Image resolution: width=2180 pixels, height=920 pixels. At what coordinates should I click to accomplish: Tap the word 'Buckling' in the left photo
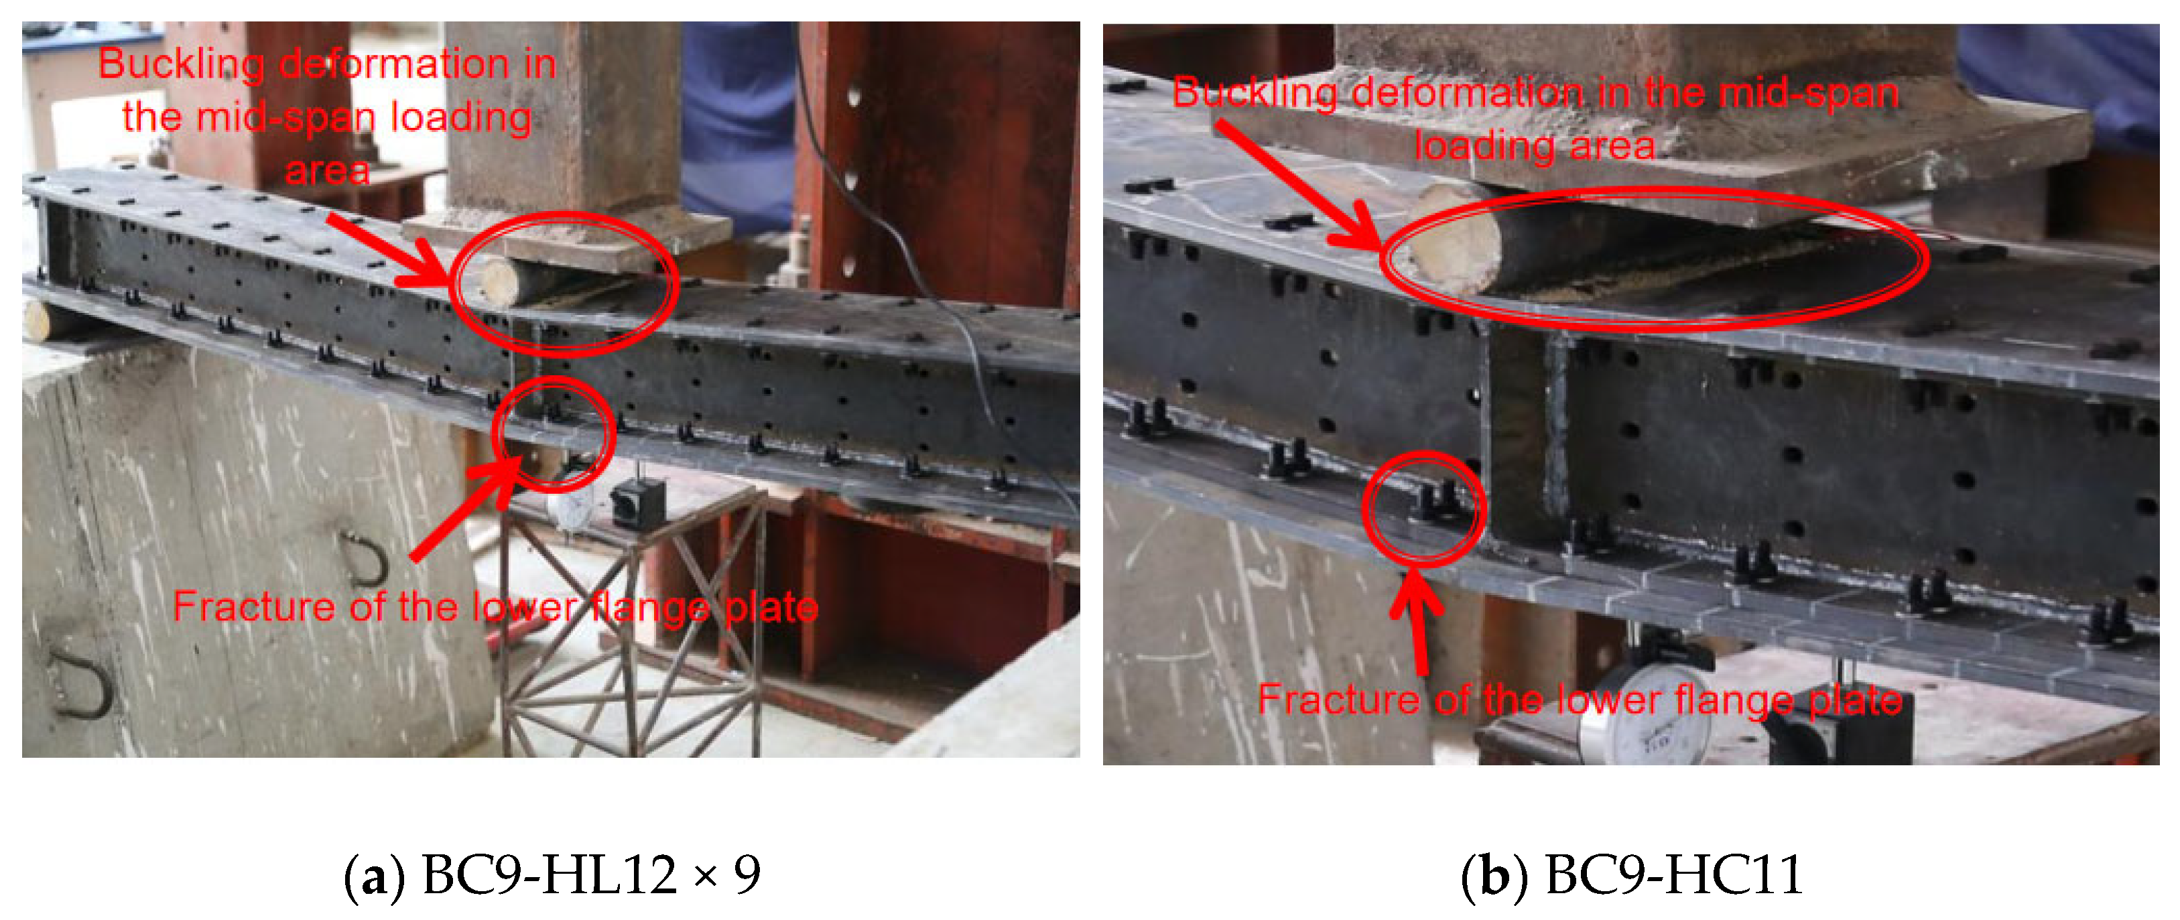181,64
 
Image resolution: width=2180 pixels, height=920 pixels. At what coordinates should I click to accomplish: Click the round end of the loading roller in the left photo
499,283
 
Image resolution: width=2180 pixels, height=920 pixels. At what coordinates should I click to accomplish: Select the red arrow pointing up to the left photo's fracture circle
468,508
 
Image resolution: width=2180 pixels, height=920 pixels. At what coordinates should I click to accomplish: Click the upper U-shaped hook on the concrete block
366,559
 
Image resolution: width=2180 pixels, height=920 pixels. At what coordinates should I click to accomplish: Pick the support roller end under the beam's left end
38,321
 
